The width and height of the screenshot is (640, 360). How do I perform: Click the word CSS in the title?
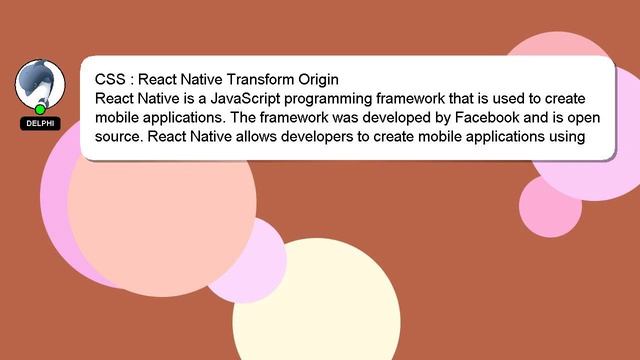click(x=110, y=79)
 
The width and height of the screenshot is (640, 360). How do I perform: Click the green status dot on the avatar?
click(x=40, y=109)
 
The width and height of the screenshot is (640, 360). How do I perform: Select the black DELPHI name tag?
click(x=40, y=123)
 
